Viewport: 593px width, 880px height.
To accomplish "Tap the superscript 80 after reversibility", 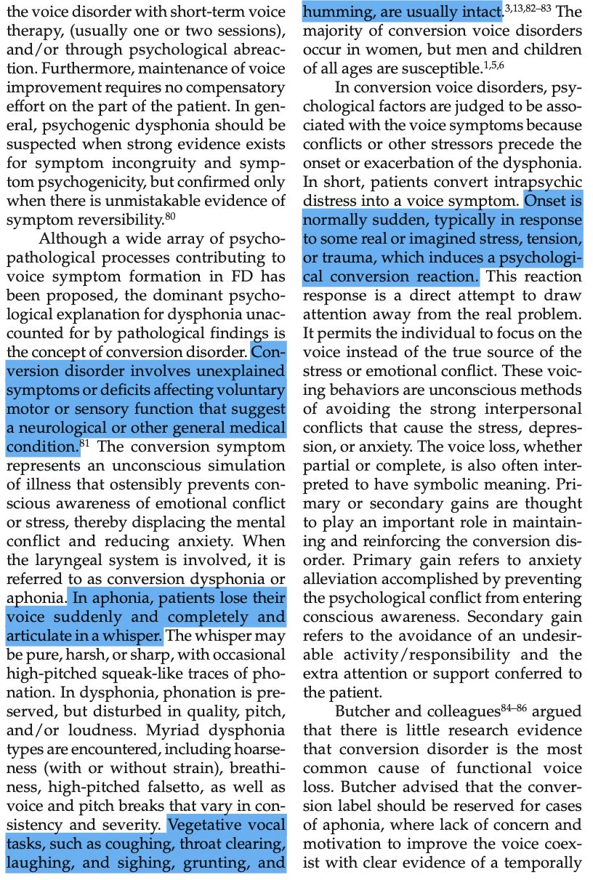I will [171, 215].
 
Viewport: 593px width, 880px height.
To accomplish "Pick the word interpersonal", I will [523, 408].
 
